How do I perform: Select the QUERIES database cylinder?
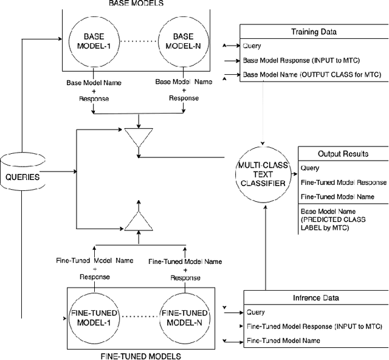[23, 177]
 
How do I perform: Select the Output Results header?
[343, 154]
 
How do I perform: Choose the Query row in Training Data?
[252, 46]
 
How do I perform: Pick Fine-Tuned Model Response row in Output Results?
[343, 182]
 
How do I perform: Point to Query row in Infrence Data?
[256, 312]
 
